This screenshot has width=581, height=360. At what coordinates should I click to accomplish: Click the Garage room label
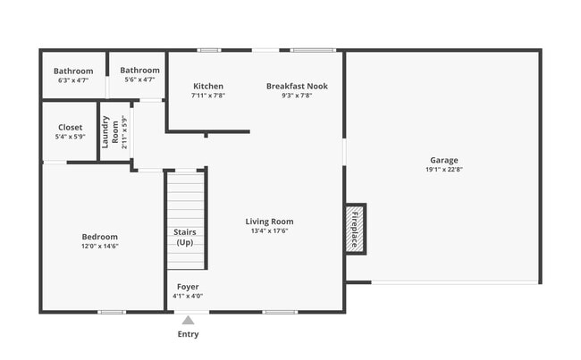[443, 160]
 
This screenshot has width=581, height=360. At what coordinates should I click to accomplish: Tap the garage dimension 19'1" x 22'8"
[443, 169]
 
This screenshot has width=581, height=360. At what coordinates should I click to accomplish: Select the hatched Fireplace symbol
[356, 229]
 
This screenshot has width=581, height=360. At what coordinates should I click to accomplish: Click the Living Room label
[269, 222]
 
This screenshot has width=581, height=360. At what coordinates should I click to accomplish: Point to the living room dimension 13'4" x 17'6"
[269, 230]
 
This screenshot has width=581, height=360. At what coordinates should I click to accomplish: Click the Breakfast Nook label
[297, 87]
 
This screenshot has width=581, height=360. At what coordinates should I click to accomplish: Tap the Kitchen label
[207, 87]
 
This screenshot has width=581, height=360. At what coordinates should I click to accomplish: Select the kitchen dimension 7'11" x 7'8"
[207, 96]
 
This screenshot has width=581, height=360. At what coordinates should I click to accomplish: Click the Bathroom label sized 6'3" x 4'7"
[73, 71]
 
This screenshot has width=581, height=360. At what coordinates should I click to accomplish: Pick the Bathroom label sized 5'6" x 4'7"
[139, 71]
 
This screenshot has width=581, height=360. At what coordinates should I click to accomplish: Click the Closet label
[70, 128]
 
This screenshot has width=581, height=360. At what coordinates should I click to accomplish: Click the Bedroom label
[99, 237]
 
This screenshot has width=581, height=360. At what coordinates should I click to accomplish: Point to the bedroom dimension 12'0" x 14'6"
[99, 247]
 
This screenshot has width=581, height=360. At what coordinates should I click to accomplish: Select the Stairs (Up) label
[185, 237]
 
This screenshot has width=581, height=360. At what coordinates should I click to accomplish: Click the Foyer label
[188, 287]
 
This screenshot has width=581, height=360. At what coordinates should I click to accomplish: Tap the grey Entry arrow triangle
[188, 319]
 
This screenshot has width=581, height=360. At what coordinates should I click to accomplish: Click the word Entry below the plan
[188, 334]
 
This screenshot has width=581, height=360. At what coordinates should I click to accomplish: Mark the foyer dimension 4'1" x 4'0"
[188, 297]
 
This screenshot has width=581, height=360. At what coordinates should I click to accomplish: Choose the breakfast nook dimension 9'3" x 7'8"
[297, 96]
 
